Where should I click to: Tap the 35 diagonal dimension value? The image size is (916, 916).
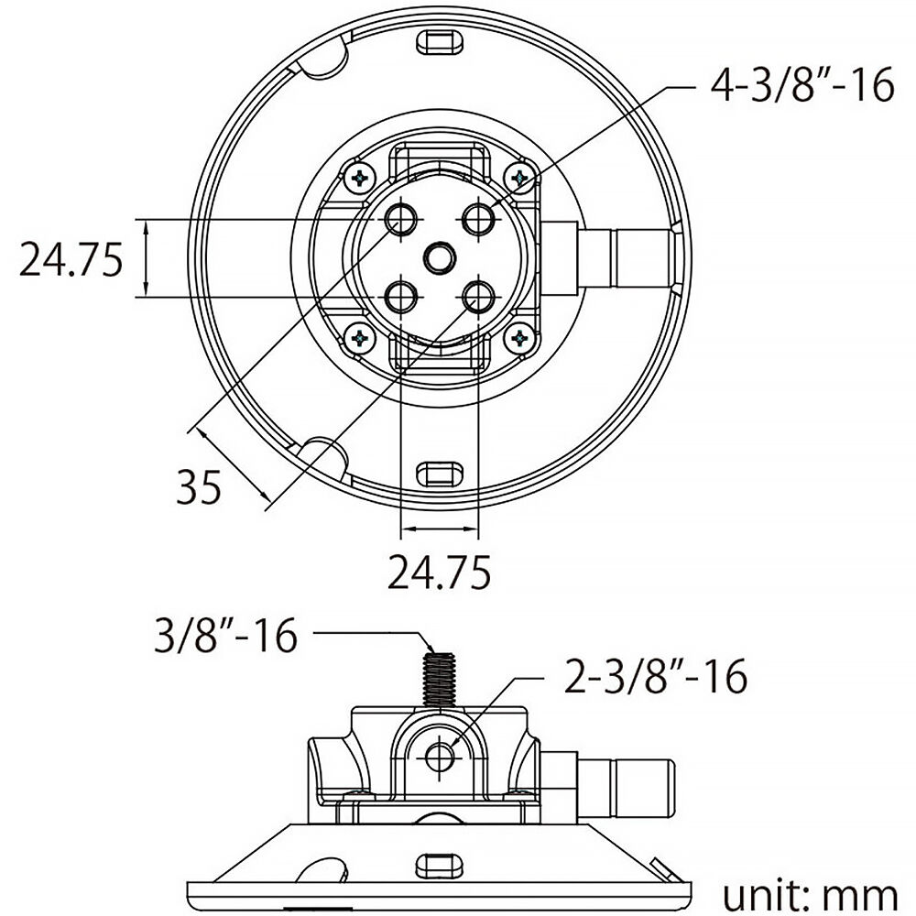tap(199, 486)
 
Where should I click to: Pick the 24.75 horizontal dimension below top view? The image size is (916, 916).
tap(440, 572)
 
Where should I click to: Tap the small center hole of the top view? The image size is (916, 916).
tap(441, 256)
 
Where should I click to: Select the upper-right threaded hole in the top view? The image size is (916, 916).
tap(479, 218)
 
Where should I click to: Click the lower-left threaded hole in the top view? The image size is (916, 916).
tap(401, 297)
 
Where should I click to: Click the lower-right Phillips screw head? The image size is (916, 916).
tap(519, 339)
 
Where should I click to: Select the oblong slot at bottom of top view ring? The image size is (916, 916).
tap(440, 473)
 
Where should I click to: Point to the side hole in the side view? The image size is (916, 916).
tap(441, 755)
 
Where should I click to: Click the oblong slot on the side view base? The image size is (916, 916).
tap(440, 862)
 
